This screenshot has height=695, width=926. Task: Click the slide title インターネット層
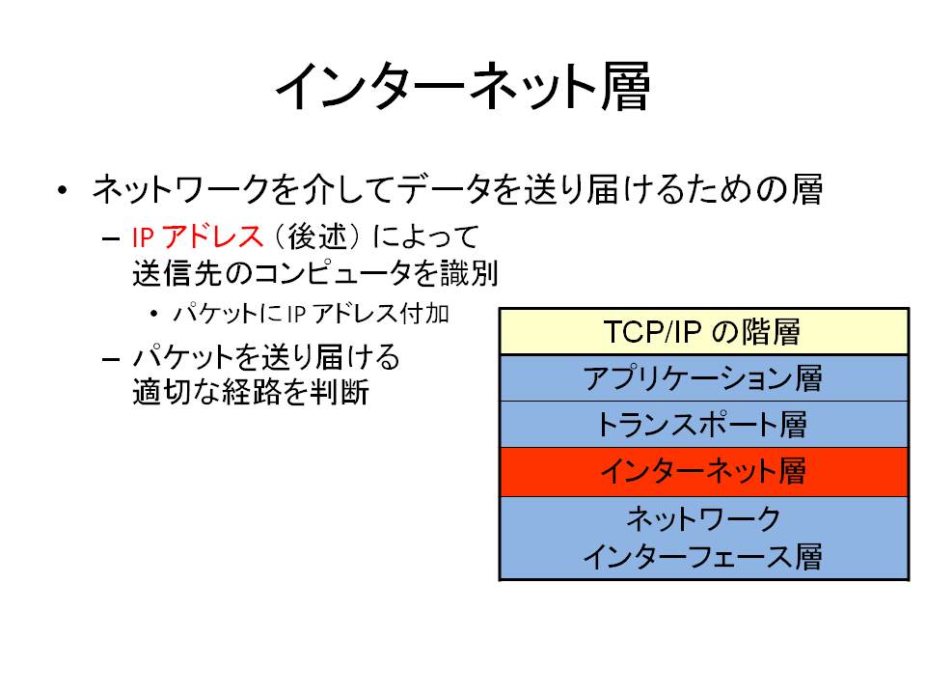(x=463, y=87)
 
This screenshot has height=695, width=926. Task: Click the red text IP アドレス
(x=197, y=237)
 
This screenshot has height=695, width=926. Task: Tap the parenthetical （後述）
(x=317, y=237)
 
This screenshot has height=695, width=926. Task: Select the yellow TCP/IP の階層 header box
(x=703, y=331)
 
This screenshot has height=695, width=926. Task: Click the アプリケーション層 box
(x=703, y=378)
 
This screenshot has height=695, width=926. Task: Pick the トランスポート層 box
(x=703, y=425)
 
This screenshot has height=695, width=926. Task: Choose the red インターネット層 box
(x=703, y=472)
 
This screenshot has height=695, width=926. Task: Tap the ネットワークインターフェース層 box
(x=703, y=538)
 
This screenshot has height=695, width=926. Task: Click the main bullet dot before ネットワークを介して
(x=63, y=190)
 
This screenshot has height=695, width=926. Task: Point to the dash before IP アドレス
(x=111, y=238)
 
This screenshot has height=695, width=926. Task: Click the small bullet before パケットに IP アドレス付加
(x=154, y=314)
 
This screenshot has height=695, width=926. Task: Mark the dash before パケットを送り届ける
(x=111, y=359)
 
